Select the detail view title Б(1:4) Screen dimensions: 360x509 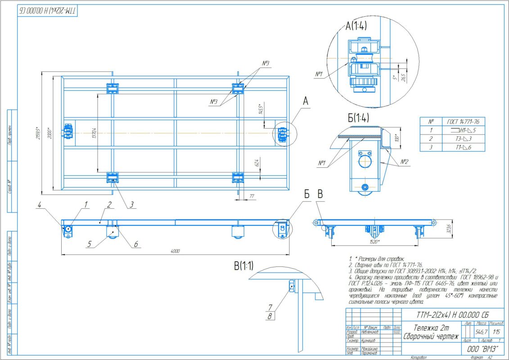[x=359, y=119]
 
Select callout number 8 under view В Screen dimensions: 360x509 [x=270, y=316]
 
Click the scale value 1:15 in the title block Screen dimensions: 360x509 [x=496, y=332]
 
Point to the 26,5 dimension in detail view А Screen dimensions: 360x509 [x=403, y=77]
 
